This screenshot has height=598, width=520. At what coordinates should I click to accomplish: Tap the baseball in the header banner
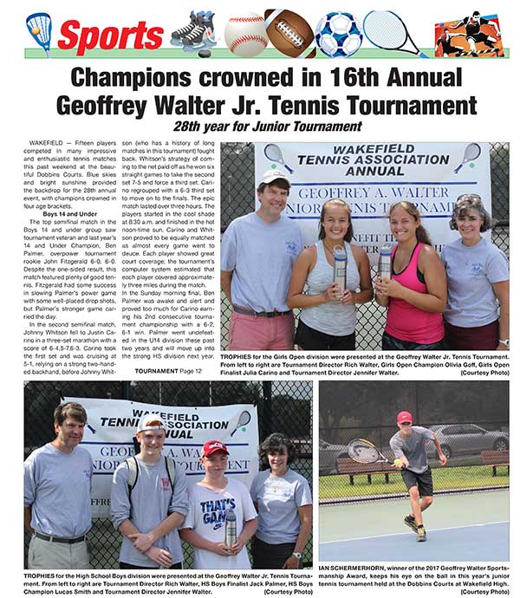[245, 34]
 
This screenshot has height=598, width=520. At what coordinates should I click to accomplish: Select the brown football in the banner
[290, 33]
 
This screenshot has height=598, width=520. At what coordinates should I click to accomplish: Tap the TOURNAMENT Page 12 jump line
[173, 371]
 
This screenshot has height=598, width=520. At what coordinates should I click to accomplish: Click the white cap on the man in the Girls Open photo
[276, 178]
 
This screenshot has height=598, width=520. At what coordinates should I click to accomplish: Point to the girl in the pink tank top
[414, 277]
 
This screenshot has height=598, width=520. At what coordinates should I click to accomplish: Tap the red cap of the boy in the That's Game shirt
[215, 447]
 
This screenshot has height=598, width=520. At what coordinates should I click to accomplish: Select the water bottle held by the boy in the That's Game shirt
[231, 528]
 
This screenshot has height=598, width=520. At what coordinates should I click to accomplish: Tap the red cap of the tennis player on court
[404, 419]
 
